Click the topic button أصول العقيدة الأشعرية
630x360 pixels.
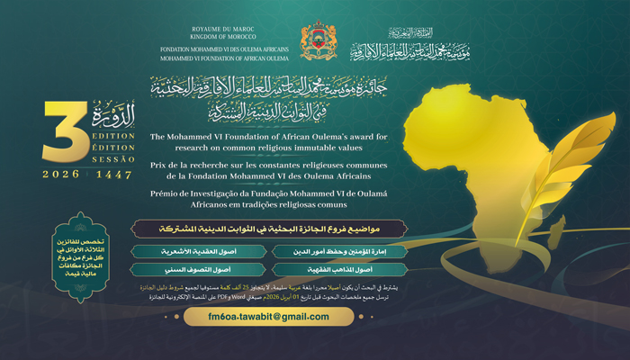coord(178,252)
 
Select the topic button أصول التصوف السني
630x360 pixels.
coord(178,269)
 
